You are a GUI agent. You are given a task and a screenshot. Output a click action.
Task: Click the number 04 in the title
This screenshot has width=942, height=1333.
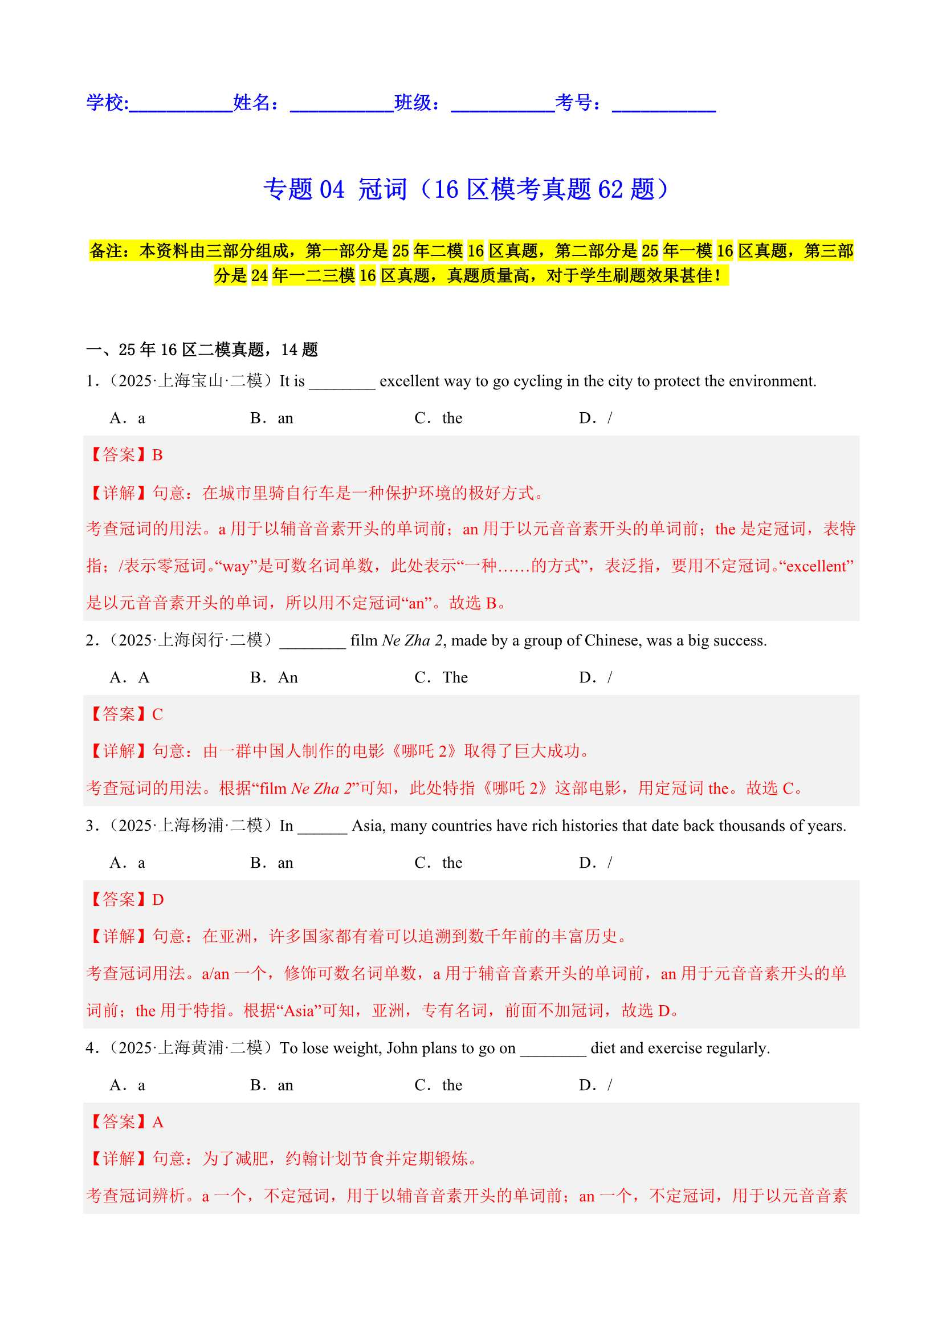[332, 190]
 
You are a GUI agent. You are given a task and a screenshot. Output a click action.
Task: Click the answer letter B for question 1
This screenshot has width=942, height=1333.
[157, 455]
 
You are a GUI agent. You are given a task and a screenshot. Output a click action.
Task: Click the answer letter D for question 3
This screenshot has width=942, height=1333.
[158, 899]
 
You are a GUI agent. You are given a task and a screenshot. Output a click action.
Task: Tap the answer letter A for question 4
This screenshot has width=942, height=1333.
[158, 1121]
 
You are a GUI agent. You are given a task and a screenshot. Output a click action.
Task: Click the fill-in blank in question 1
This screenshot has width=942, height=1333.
[342, 384]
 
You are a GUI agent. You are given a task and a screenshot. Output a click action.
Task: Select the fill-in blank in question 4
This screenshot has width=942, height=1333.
[553, 1051]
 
